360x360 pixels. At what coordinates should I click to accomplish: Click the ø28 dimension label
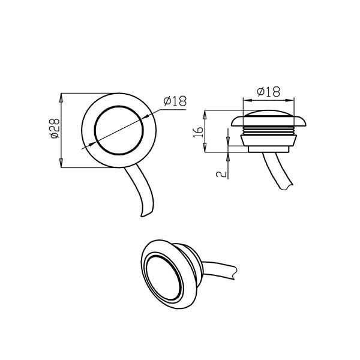pos(55,128)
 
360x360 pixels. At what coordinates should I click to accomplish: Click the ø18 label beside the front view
pos(175,101)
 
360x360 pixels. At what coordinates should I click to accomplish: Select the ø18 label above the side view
pos(269,91)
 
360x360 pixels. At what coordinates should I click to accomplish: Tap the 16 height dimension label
pos(199,132)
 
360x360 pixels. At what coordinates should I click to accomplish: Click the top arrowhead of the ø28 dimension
pos(61,98)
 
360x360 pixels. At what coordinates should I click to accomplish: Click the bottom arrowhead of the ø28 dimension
pos(61,163)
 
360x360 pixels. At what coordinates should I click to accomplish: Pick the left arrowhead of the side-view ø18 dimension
pos(247,100)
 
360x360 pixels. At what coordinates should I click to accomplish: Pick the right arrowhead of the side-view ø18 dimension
pos(289,100)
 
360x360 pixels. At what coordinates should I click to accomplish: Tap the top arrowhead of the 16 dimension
pos(205,115)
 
